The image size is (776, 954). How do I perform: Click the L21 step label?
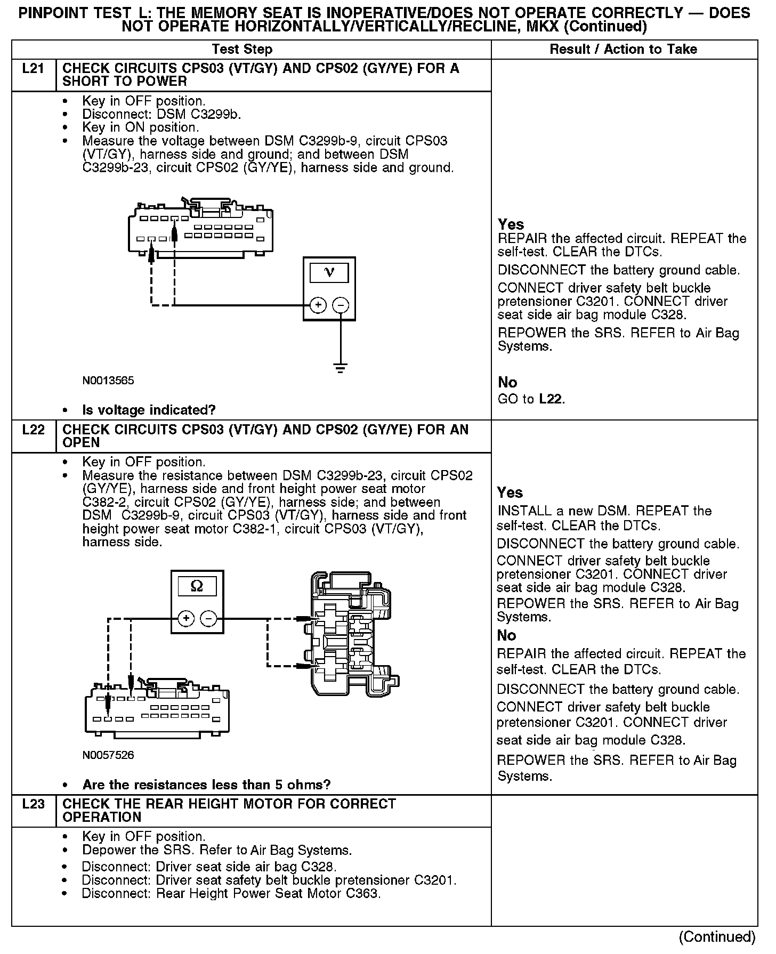pos(33,69)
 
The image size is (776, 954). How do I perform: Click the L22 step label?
pos(33,430)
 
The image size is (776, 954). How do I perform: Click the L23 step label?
pos(33,804)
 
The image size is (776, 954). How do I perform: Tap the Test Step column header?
pos(242,50)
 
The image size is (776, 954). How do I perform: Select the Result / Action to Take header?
pos(623,50)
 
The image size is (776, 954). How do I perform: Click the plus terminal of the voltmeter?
pos(318,305)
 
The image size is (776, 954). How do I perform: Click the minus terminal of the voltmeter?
pos(341,305)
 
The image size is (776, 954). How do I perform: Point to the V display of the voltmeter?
pos(329,273)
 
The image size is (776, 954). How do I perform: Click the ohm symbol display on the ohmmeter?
pos(197,586)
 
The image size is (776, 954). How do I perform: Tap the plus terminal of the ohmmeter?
pos(185,619)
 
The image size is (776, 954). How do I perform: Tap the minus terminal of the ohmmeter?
pos(208,619)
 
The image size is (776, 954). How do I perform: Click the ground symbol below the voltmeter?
pos(341,368)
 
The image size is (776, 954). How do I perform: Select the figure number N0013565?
pos(108,381)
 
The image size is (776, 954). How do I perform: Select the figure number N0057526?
pos(108,755)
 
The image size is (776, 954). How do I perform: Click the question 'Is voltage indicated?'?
pos(149,410)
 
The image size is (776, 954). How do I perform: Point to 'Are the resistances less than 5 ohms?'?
pos(206,785)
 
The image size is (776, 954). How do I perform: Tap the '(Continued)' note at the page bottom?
pos(717,936)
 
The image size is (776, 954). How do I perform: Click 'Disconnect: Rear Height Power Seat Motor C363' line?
pos(231,893)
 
